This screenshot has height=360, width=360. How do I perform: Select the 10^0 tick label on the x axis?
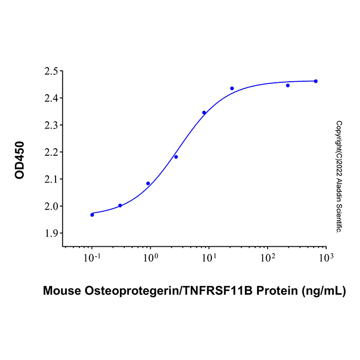click(150, 256)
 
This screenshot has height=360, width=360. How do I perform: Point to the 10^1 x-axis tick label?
click(209, 256)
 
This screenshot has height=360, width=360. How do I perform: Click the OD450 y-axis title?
click(20, 159)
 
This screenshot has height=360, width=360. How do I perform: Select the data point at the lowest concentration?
click(92, 214)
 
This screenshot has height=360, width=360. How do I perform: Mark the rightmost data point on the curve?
click(316, 81)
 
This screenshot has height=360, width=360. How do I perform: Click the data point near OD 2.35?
click(204, 113)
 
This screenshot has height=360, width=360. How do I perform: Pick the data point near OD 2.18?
click(176, 157)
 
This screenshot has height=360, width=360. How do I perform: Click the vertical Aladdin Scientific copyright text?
click(339, 177)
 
